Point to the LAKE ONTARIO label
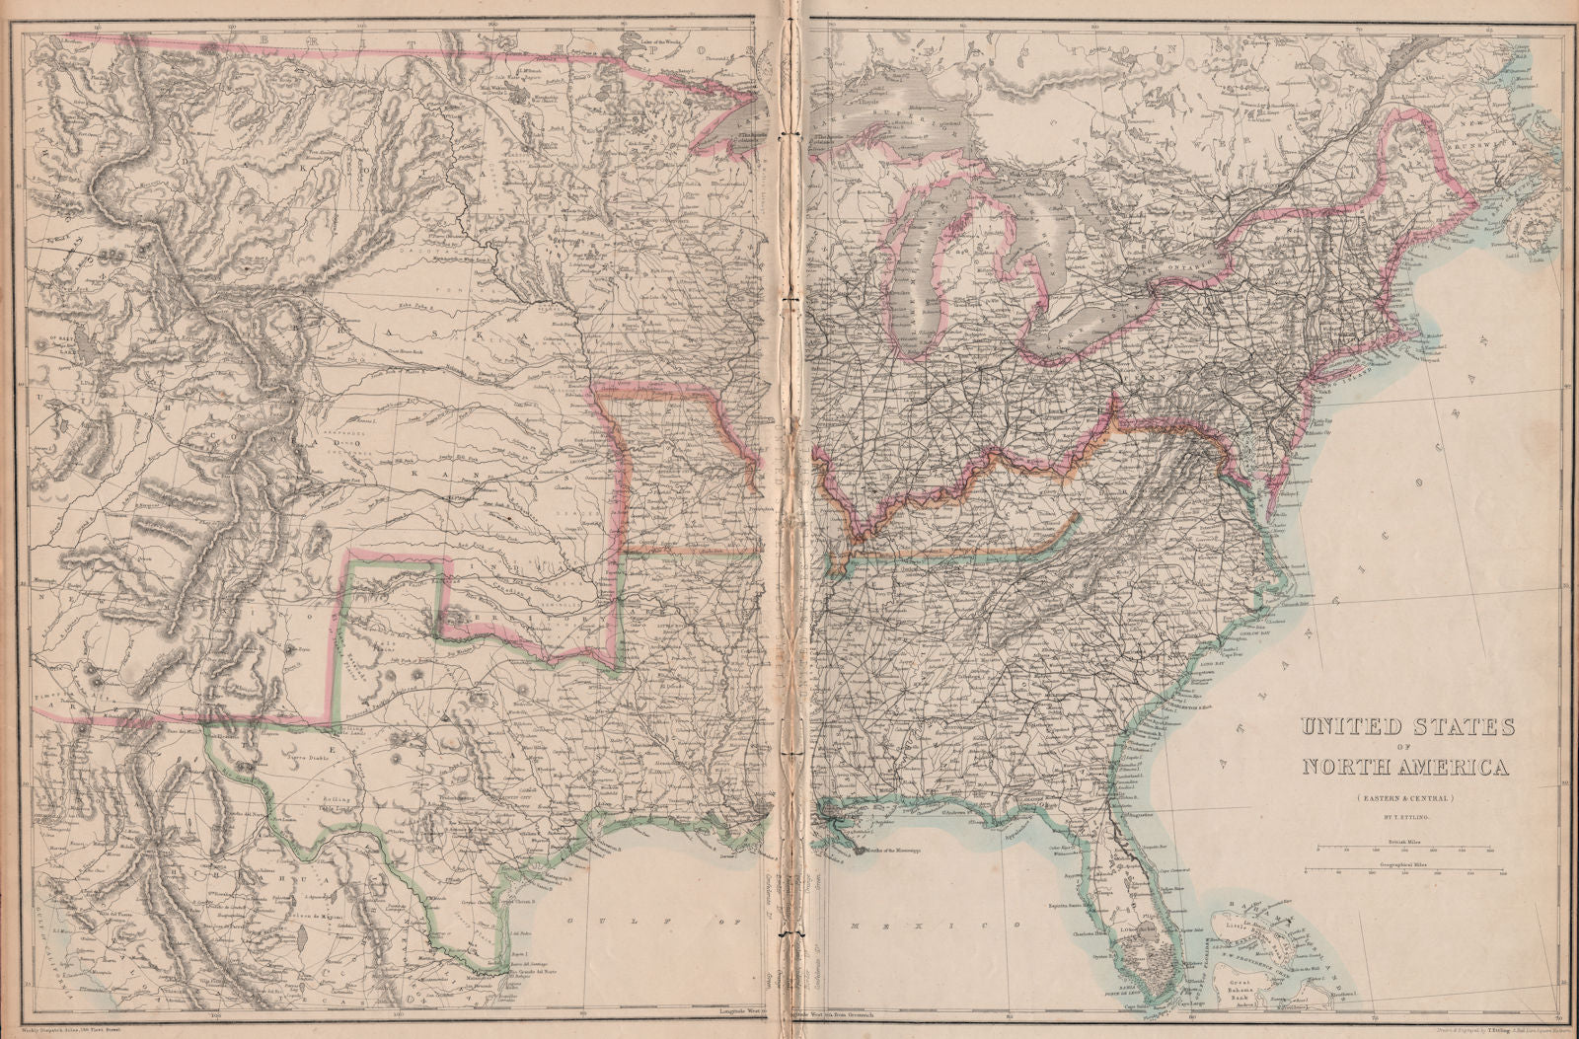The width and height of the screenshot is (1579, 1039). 1174,267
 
